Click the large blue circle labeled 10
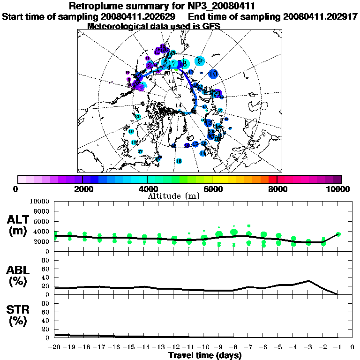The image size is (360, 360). (x=214, y=74)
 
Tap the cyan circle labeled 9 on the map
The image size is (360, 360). (x=200, y=60)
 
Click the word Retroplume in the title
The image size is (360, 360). (x=95, y=6)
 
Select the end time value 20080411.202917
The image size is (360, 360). (x=321, y=16)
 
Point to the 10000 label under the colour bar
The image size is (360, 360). (x=338, y=189)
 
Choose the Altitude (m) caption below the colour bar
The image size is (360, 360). (x=174, y=195)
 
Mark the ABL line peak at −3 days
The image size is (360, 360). (x=308, y=281)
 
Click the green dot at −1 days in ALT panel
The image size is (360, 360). (x=338, y=234)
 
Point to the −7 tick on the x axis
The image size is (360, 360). (x=248, y=347)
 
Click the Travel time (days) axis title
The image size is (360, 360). (x=205, y=355)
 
